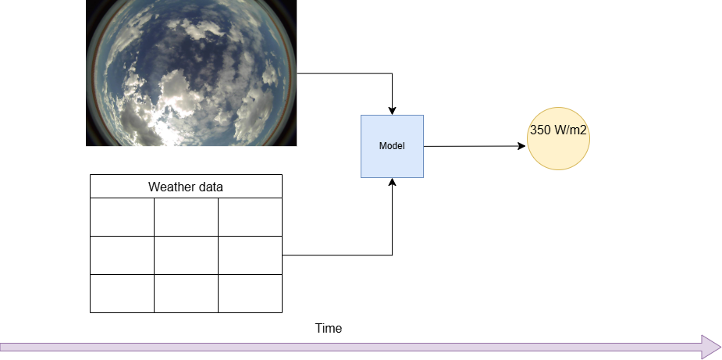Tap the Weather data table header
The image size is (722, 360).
click(x=186, y=187)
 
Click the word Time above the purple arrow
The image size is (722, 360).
click(x=329, y=329)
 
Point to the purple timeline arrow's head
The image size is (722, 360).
click(x=711, y=347)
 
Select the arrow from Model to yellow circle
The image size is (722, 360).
click(x=472, y=146)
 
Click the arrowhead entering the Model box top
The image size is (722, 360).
click(x=392, y=110)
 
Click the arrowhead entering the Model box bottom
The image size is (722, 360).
click(x=392, y=182)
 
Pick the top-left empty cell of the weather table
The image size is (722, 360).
click(x=122, y=216)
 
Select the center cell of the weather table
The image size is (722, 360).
click(x=186, y=255)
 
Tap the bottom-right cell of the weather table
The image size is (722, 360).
click(x=250, y=293)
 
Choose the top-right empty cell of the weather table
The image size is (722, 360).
click(x=250, y=216)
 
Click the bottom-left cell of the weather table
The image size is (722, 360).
click(x=122, y=293)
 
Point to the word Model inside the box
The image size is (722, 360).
click(x=392, y=146)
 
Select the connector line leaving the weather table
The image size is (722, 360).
click(x=336, y=255)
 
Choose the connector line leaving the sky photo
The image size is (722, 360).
click(x=343, y=74)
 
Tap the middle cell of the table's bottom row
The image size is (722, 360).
click(x=186, y=293)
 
